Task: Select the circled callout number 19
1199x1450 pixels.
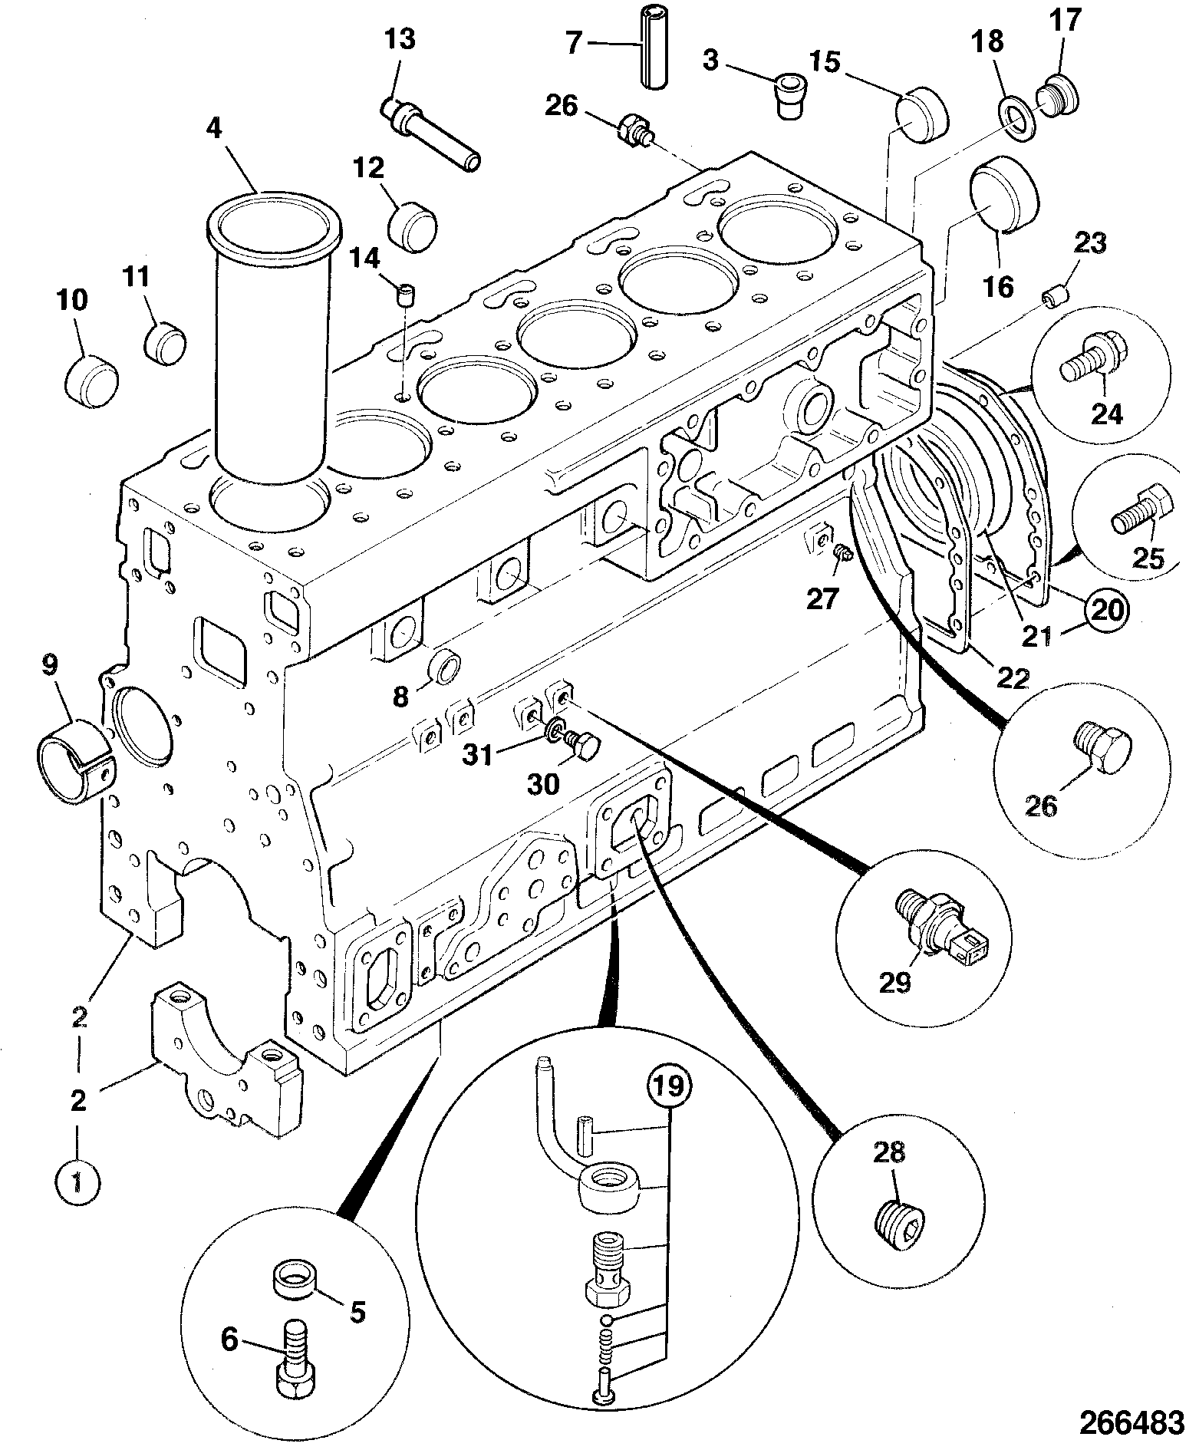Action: click(x=668, y=1089)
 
